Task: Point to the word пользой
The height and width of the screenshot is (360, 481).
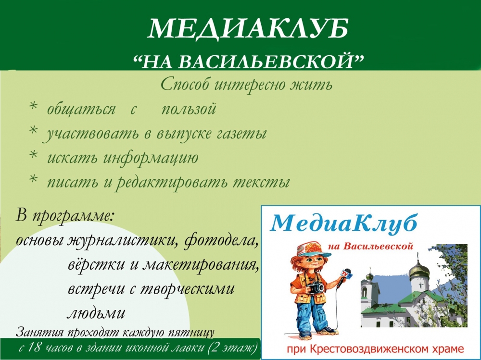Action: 189,109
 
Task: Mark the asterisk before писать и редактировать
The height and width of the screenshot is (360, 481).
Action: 33,180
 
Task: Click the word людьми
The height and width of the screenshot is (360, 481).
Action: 96,313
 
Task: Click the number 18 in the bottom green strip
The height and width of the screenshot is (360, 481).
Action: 33,348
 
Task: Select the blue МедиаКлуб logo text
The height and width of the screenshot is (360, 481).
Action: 343,223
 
